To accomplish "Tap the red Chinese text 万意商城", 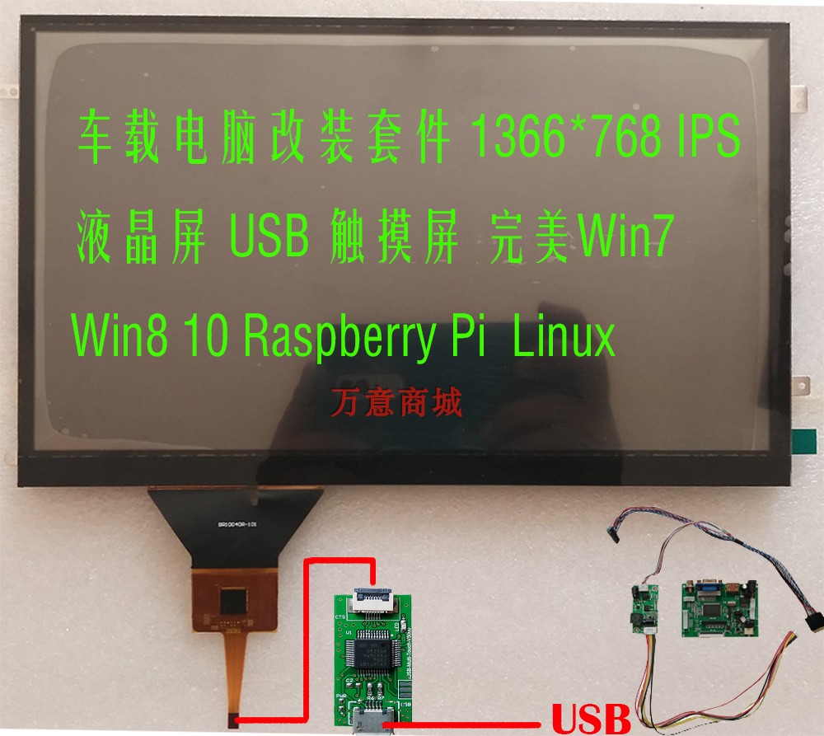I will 397,401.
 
